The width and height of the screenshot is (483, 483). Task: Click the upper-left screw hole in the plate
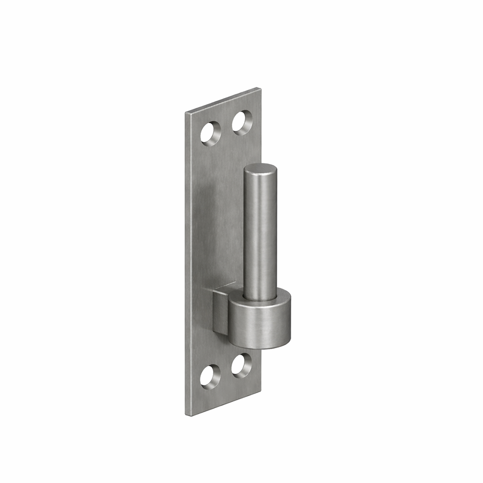click(211, 132)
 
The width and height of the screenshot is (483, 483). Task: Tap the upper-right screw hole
click(242, 122)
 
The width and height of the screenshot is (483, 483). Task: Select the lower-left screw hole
click(211, 375)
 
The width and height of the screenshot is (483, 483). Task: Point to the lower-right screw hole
click(241, 365)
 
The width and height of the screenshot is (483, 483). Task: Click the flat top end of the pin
click(260, 170)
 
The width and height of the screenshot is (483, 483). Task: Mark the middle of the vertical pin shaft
click(260, 232)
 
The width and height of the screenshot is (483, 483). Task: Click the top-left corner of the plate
click(186, 114)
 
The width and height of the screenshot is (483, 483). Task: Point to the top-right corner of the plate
click(260, 88)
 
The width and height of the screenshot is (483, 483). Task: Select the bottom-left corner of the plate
click(186, 414)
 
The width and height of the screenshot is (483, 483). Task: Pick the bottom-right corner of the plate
click(261, 389)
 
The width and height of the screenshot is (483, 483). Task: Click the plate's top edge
click(223, 100)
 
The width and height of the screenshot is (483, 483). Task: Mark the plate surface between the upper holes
click(226, 128)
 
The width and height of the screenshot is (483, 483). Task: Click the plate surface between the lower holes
click(226, 371)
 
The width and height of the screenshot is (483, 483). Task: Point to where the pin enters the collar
click(260, 298)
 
